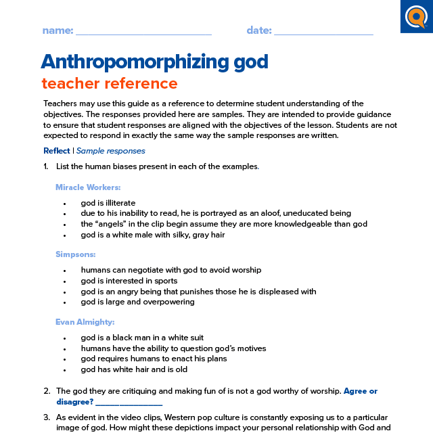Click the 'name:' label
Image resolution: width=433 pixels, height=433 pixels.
pyautogui.click(x=58, y=30)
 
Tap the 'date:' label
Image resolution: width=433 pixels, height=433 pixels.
pyautogui.click(x=259, y=30)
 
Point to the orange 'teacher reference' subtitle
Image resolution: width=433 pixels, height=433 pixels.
pyautogui.click(x=110, y=84)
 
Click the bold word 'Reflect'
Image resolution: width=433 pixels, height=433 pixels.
pyautogui.click(x=57, y=151)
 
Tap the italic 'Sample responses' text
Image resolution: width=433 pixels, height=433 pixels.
pyautogui.click(x=110, y=151)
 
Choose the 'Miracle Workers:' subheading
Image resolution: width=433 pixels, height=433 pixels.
pyautogui.click(x=88, y=187)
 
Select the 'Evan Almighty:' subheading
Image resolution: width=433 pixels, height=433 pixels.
pyautogui.click(x=85, y=321)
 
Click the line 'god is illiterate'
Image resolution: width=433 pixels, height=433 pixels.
pyautogui.click(x=108, y=202)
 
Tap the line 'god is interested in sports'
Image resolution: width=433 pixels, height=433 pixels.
pyautogui.click(x=129, y=281)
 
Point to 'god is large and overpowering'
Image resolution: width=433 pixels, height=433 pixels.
pyautogui.click(x=137, y=302)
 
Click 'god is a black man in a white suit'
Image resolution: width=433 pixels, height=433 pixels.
pyautogui.click(x=142, y=338)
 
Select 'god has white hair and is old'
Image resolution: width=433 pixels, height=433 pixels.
pyautogui.click(x=134, y=369)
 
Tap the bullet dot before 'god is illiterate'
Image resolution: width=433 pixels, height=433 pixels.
pyautogui.click(x=64, y=203)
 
